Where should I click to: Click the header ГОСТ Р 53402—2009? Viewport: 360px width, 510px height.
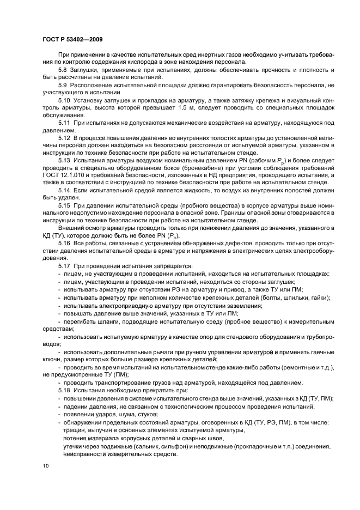click(72, 39)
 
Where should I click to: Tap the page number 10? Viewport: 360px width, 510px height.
click(45, 466)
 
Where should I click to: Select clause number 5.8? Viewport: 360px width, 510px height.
click(63, 70)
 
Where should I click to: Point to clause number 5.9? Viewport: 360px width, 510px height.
click(63, 86)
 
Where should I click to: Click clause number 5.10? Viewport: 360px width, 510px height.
click(64, 101)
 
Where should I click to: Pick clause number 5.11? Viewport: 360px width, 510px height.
click(64, 123)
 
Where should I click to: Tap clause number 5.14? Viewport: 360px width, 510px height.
click(64, 191)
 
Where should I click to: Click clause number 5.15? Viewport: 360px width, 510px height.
click(64, 205)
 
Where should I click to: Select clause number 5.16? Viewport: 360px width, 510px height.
click(64, 243)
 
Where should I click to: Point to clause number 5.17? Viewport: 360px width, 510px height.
click(64, 265)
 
